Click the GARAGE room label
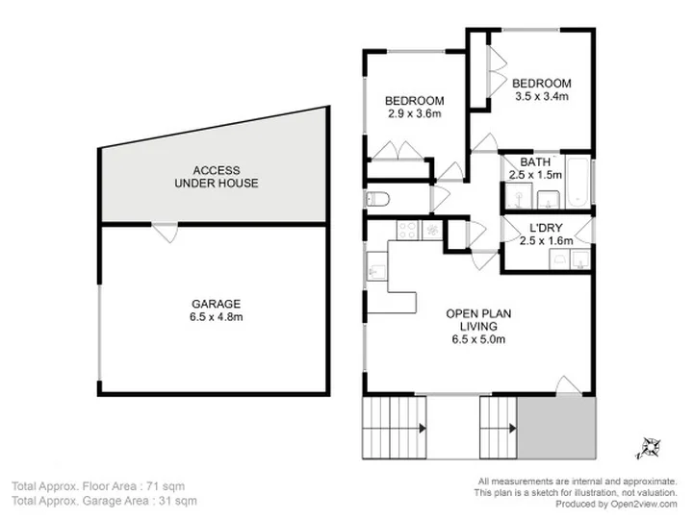(217, 304)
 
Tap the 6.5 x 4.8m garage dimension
(217, 317)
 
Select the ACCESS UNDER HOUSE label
(217, 177)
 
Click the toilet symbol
(377, 199)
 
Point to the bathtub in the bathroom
(578, 181)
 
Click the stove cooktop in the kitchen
(407, 230)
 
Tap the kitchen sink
(376, 266)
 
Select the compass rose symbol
(650, 448)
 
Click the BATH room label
(535, 162)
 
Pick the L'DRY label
(546, 228)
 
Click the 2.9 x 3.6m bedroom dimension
(415, 113)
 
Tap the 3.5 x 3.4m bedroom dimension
(542, 96)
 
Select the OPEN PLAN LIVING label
(478, 320)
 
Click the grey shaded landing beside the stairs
(556, 427)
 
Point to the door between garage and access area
(166, 232)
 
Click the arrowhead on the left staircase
(423, 428)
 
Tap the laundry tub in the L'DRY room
(558, 259)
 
